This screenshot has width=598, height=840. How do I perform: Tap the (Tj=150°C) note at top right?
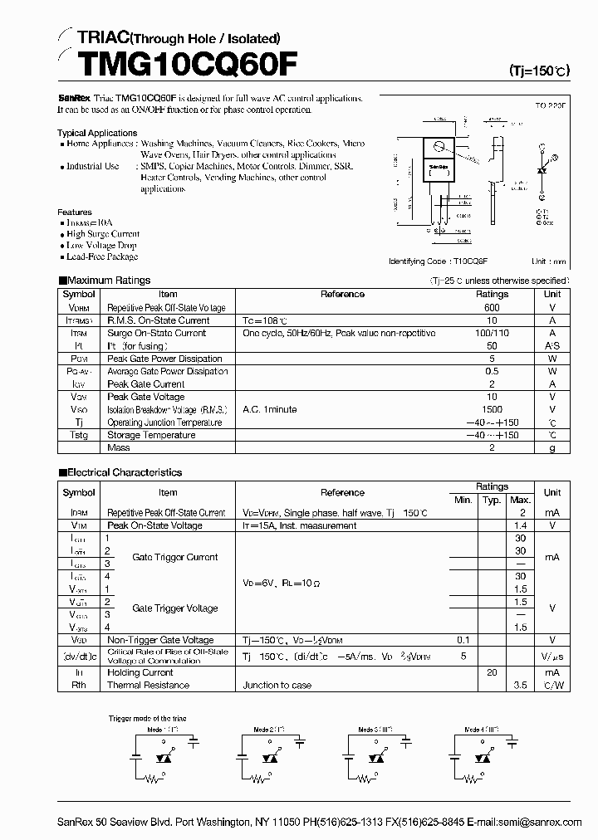pos(539,71)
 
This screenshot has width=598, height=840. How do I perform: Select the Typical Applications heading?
pos(97,133)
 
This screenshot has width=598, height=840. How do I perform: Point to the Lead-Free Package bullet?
pos(102,257)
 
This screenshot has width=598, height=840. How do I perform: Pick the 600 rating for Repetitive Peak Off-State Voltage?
pos(492,307)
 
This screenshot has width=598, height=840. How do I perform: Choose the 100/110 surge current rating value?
pos(492,333)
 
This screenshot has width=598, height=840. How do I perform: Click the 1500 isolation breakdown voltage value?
pos(492,409)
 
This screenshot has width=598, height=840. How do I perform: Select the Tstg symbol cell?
pos(79,435)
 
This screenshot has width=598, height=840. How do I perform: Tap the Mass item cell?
pos(119,447)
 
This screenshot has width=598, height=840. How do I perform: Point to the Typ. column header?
pos(492,500)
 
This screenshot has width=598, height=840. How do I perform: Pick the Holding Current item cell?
pos(140,672)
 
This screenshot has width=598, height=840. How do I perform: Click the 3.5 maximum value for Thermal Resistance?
pos(521,686)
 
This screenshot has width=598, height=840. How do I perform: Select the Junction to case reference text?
pos(277,686)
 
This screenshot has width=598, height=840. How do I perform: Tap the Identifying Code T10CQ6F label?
pos(438,261)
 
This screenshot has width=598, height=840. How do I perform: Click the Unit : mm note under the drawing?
pos(549,261)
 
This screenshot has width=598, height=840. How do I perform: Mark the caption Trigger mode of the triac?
pos(148,718)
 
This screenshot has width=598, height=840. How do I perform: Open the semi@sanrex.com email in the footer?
pos(541,822)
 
